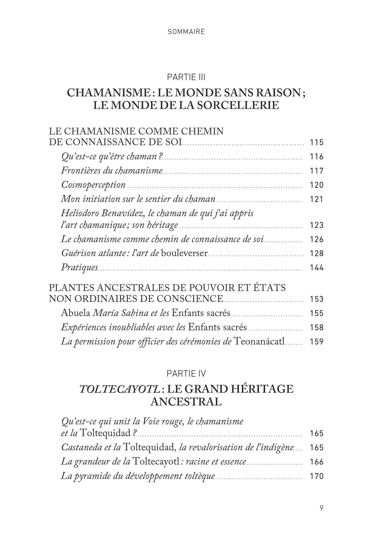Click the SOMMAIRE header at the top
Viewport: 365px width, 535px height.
(186, 32)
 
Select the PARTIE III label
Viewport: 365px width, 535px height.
(186, 77)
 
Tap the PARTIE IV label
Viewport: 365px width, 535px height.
(186, 374)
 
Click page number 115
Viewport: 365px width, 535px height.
(317, 143)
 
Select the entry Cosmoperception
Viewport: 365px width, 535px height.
(93, 185)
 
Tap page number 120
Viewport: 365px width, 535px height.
(317, 185)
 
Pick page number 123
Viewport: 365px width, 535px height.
(317, 225)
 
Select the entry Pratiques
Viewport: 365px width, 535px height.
(80, 267)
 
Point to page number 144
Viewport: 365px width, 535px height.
(317, 268)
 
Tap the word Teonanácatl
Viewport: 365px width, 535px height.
(260, 341)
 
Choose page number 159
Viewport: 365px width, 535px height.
(317, 341)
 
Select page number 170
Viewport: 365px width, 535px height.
(317, 476)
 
